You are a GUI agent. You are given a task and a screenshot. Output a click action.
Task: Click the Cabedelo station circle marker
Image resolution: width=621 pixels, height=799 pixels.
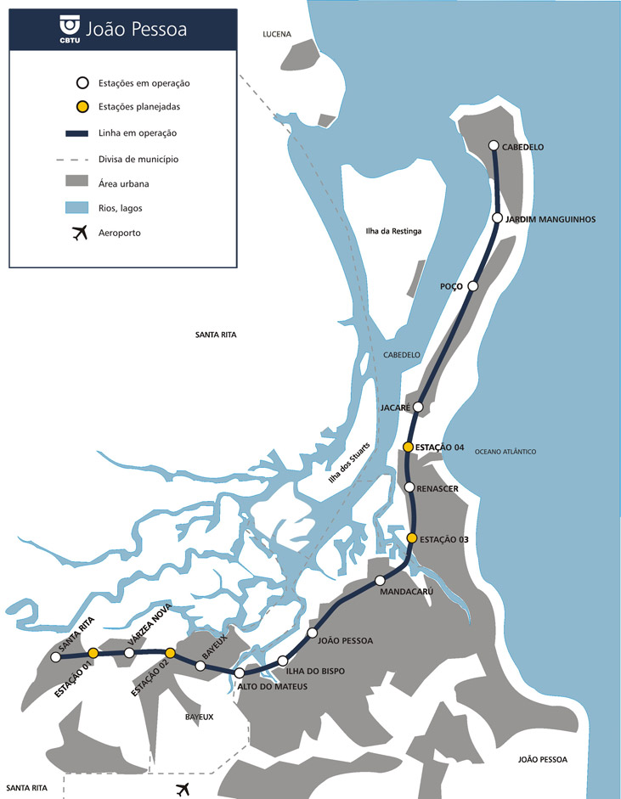(x=494, y=146)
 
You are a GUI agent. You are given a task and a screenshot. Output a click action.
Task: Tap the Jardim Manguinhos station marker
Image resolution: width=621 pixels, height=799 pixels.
(x=498, y=218)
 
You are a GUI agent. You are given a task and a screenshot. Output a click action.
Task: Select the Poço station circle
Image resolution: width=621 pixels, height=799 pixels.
(x=473, y=286)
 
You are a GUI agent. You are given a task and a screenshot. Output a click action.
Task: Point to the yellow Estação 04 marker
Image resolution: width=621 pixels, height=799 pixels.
(x=408, y=447)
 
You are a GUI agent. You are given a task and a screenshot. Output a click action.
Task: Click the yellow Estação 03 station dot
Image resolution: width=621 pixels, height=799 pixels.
(x=412, y=538)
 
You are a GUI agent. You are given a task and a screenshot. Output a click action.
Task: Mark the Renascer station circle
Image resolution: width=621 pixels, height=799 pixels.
(x=409, y=487)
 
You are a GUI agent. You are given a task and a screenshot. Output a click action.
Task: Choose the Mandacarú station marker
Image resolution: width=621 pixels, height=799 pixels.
(x=381, y=581)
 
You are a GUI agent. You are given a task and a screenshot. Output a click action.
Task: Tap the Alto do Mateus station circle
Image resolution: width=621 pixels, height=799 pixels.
(x=240, y=673)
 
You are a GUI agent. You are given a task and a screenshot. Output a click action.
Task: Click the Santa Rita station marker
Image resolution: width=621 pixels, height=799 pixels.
(x=56, y=657)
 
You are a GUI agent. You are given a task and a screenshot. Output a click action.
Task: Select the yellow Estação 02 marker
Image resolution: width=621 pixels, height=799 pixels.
(x=170, y=653)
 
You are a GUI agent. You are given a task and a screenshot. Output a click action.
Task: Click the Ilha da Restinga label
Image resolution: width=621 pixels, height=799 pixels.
(x=393, y=232)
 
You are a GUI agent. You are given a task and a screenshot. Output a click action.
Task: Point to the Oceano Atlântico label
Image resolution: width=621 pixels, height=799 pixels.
(x=505, y=452)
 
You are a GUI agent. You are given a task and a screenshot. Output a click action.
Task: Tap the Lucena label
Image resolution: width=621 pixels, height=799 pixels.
(x=277, y=35)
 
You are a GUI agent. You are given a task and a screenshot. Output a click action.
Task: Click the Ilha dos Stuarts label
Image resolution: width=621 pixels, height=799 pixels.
(x=346, y=465)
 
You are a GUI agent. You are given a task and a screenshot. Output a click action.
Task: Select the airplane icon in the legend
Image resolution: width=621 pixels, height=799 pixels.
(x=81, y=232)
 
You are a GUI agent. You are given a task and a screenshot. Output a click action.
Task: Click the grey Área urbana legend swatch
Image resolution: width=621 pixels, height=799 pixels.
(x=81, y=182)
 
